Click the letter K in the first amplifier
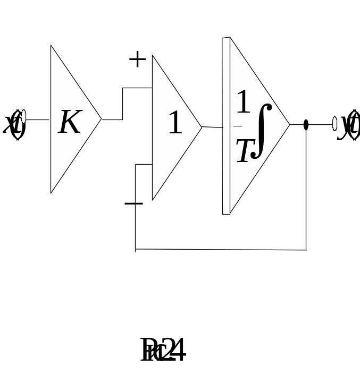(69, 122)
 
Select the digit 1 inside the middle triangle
(175, 123)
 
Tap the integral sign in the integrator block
(262, 131)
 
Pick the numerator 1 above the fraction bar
(242, 102)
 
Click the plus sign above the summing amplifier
(137, 59)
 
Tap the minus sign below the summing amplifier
(133, 203)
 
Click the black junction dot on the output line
(306, 125)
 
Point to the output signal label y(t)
(349, 125)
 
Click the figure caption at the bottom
(163, 351)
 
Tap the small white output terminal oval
(334, 124)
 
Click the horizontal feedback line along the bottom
(221, 249)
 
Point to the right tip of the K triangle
(100, 120)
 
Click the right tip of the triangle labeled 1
(201, 126)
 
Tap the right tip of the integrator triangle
(289, 125)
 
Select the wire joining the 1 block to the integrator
(212, 127)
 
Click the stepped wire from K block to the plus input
(122, 104)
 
